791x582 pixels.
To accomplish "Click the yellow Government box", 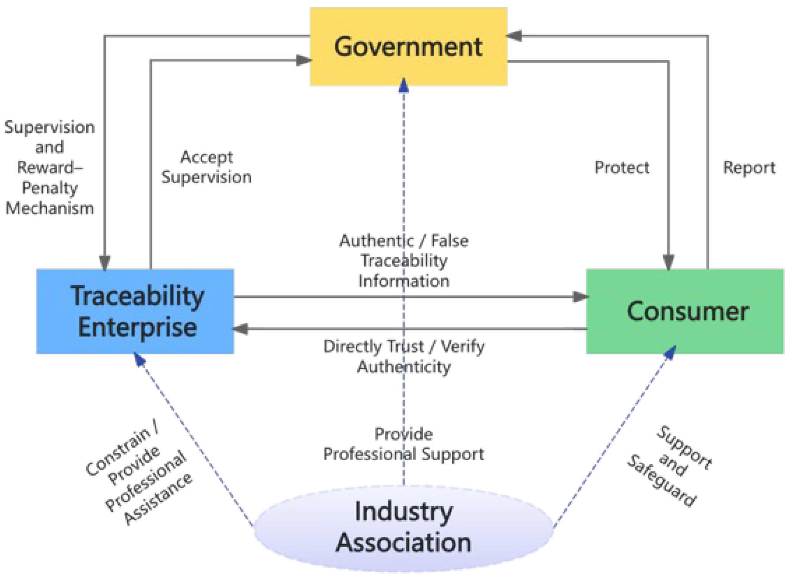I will click(x=408, y=47).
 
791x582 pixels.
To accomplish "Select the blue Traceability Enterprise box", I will click(x=135, y=311).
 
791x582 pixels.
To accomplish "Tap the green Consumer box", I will click(x=685, y=311).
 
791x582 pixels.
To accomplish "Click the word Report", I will click(x=749, y=168).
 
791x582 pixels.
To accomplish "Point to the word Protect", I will click(x=622, y=168).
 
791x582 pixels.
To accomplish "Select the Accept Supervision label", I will click(x=206, y=167).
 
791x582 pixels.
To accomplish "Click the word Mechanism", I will click(x=50, y=209).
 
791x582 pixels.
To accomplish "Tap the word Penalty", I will click(x=50, y=188).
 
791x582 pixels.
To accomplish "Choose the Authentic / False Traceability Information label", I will click(x=403, y=261).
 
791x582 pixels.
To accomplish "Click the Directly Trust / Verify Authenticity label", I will click(x=403, y=356).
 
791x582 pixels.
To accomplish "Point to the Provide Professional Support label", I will click(x=403, y=444).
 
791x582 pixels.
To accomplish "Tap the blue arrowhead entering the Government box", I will click(x=404, y=86).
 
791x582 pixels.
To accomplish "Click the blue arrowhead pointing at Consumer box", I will click(x=670, y=353).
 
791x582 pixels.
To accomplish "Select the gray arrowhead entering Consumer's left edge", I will click(x=580, y=297).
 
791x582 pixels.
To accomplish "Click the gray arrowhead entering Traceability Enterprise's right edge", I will click(x=241, y=329).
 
